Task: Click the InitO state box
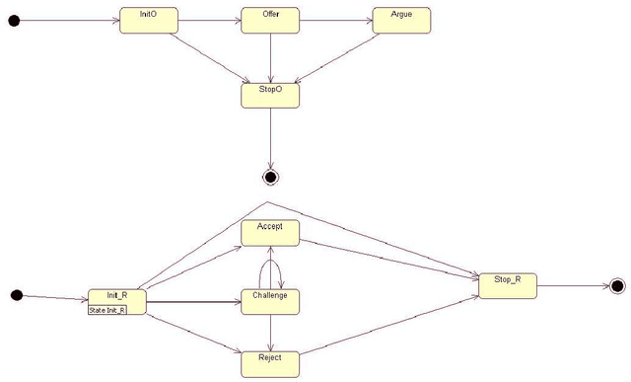click(x=148, y=21)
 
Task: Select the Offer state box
click(x=270, y=21)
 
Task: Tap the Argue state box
click(x=401, y=21)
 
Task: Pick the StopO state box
click(x=270, y=94)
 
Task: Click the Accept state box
click(x=270, y=232)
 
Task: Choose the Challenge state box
click(x=270, y=301)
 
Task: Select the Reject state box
click(x=270, y=362)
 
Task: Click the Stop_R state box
click(x=507, y=285)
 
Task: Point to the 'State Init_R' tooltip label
click(x=107, y=310)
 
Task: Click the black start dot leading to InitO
click(x=14, y=21)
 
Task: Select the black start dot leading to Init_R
click(x=16, y=295)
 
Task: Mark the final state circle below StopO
click(x=270, y=177)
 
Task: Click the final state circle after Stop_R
click(x=617, y=286)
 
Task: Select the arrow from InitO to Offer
click(x=209, y=21)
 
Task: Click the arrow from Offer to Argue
click(x=335, y=21)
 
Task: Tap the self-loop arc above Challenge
click(x=270, y=256)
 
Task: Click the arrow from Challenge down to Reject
click(x=270, y=332)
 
